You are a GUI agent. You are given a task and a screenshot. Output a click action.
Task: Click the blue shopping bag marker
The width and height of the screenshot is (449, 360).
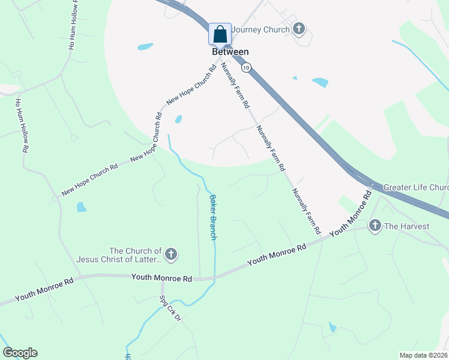(220, 34)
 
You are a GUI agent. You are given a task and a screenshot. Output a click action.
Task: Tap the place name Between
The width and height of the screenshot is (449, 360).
(230, 52)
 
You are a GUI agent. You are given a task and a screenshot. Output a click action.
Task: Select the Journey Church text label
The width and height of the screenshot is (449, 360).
(261, 29)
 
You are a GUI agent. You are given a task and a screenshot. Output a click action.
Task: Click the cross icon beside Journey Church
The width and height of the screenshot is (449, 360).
(299, 29)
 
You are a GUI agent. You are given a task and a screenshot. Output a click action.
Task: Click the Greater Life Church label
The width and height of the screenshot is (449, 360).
(415, 187)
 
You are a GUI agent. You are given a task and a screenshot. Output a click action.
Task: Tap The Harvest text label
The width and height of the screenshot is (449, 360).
(407, 226)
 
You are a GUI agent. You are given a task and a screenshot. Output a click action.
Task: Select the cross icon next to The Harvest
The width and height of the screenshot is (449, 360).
(375, 226)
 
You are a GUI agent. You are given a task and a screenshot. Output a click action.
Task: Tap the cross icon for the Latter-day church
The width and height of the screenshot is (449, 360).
(171, 255)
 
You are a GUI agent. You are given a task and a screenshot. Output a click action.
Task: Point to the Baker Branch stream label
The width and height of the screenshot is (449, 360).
(212, 217)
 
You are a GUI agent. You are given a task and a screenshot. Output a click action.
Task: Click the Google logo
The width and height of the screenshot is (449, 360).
(20, 353)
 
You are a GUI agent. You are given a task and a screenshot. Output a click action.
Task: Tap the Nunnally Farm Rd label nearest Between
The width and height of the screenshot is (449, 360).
(235, 85)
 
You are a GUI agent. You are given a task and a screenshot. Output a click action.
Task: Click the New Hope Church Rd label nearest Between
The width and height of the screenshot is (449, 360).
(190, 90)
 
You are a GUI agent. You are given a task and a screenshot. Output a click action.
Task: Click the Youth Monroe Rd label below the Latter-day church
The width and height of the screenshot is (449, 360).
(161, 278)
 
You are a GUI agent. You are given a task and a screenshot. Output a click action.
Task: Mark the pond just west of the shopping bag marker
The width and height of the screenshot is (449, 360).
(145, 46)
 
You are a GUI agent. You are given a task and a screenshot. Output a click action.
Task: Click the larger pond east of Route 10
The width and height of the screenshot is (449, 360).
(320, 82)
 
